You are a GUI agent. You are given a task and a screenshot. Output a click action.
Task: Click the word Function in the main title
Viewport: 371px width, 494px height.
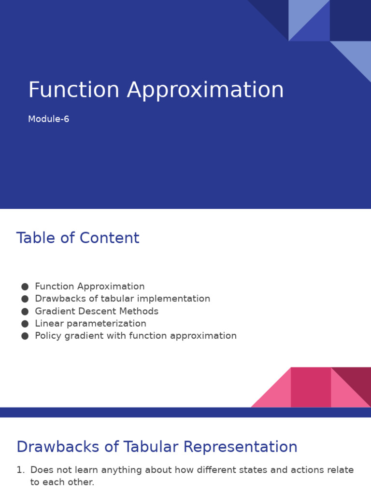(74, 90)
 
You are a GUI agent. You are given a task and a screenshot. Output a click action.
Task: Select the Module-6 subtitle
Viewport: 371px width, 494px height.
(49, 119)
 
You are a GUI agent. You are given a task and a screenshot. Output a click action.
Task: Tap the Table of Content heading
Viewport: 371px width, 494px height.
(78, 238)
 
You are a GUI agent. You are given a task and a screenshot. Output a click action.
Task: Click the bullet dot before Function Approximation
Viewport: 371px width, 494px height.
(25, 287)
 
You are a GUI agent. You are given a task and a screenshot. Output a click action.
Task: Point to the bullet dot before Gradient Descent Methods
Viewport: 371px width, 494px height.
(25, 311)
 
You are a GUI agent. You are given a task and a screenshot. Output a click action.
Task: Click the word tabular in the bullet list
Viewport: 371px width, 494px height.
(117, 298)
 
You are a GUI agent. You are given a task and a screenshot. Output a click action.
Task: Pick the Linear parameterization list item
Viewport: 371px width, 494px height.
(90, 324)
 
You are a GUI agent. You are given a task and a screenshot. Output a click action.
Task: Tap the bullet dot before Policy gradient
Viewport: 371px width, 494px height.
(25, 336)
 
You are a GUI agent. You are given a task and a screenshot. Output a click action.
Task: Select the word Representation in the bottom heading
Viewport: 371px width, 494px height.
(241, 447)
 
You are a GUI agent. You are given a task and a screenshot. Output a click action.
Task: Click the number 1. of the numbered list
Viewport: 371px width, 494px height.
(21, 470)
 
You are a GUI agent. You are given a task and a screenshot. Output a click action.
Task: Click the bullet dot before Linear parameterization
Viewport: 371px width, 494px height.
(25, 324)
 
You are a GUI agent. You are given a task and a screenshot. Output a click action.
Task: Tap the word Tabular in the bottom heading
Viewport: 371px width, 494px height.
(151, 447)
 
